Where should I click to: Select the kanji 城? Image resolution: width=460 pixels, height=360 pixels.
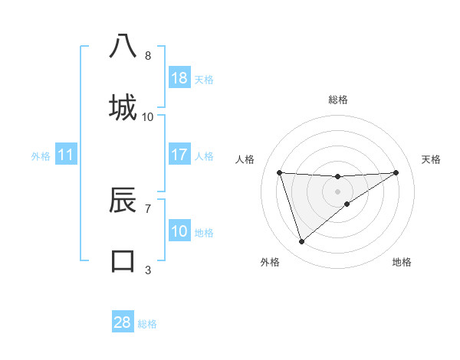point(123,106)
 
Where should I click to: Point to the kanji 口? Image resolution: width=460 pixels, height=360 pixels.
point(123,260)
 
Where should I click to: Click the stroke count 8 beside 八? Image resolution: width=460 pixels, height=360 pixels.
point(148,56)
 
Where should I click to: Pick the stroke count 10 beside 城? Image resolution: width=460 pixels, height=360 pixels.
point(148,116)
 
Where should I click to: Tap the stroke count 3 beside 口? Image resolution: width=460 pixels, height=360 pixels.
point(148,270)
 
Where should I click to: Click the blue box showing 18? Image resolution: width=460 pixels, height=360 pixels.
point(179,78)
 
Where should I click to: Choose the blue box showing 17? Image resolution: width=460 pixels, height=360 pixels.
point(179,155)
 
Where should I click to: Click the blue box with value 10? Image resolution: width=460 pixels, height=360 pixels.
point(179,231)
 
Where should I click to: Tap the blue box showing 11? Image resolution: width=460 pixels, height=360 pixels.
point(66,155)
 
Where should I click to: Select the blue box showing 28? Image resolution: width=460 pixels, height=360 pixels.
point(123,322)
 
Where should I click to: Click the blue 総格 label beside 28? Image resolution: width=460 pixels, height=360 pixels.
point(148,324)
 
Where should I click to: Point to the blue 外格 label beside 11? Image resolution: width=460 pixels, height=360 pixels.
point(41,156)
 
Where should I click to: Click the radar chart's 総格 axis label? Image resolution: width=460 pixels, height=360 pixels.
point(338,100)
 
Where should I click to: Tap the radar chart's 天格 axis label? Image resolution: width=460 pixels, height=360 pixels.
point(432,159)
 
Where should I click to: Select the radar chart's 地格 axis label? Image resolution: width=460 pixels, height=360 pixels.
point(402,262)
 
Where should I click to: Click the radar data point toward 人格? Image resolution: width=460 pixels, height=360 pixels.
point(280,172)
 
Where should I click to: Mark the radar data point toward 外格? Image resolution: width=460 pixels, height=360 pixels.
point(301,242)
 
